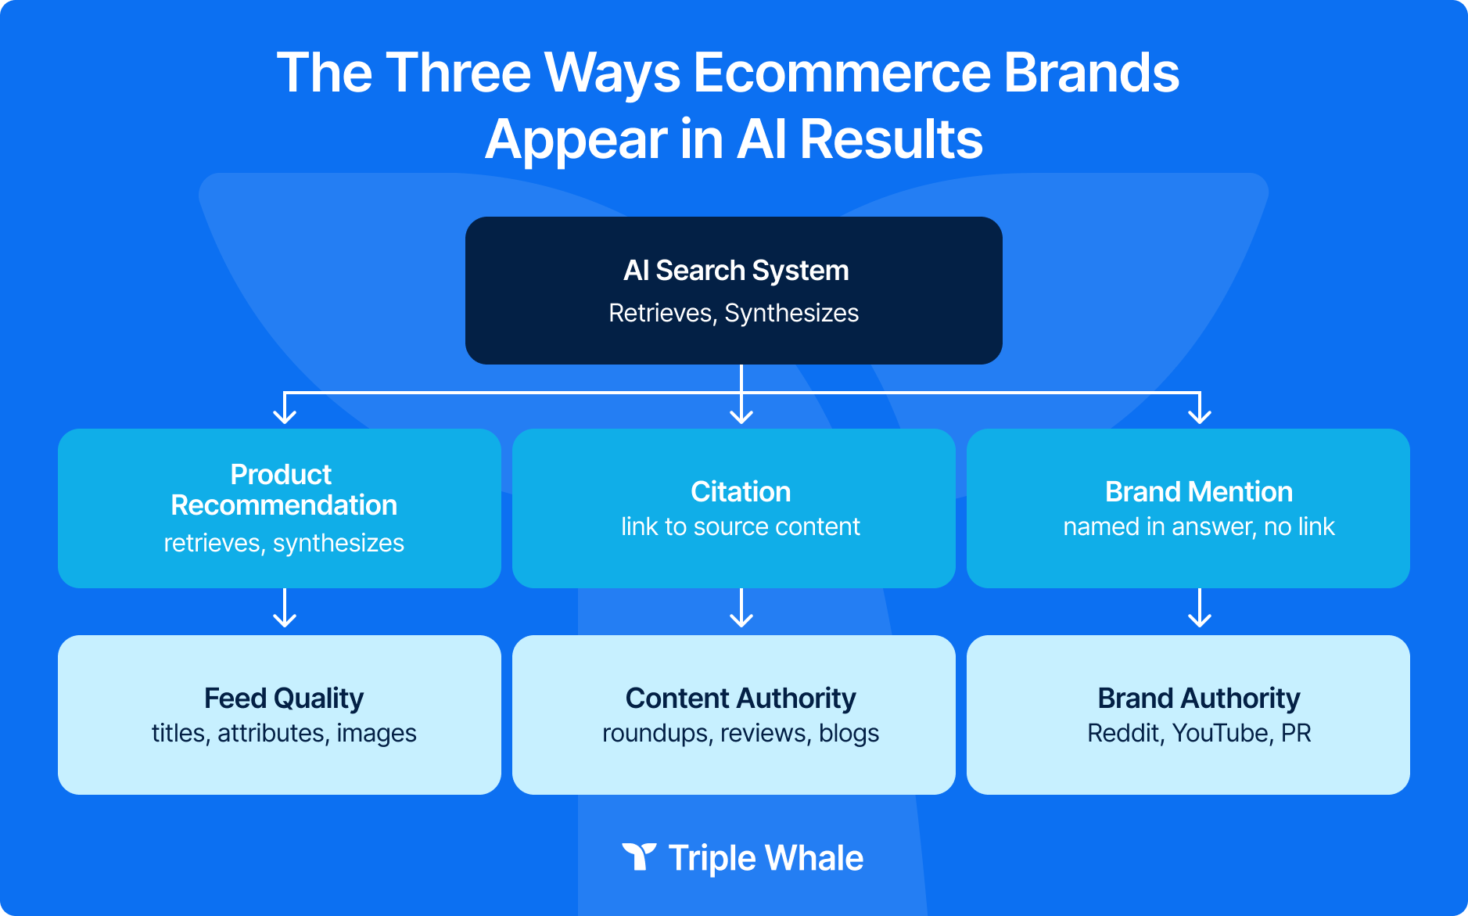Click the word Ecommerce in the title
click(x=841, y=73)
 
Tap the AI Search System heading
click(x=735, y=271)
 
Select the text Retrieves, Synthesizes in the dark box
click(x=734, y=313)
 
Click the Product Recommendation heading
click(x=283, y=490)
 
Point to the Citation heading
click(x=740, y=492)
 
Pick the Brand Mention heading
click(x=1198, y=492)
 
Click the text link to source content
click(x=740, y=526)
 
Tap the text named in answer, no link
click(x=1198, y=526)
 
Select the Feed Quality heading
click(x=283, y=698)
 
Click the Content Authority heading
click(x=740, y=698)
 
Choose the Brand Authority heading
click(x=1198, y=698)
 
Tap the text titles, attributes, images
click(x=283, y=733)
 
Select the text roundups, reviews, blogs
click(x=740, y=733)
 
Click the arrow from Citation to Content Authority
click(x=741, y=609)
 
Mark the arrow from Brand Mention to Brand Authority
click(x=1199, y=609)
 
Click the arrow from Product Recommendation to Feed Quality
click(x=285, y=609)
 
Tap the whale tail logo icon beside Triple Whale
click(x=639, y=857)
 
